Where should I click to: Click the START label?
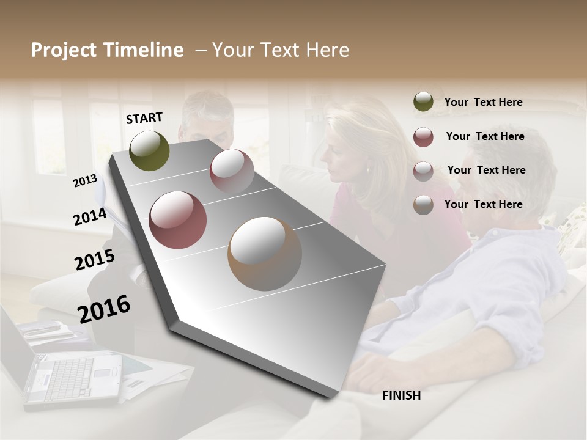[144, 118]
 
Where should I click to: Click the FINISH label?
[401, 395]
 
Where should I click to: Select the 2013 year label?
[85, 180]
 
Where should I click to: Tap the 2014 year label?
[90, 216]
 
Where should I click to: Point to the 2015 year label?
[94, 260]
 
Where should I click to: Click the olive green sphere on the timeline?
[149, 150]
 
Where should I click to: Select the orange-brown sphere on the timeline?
[265, 254]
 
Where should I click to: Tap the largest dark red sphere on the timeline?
[177, 220]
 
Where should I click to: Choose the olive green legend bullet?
[423, 102]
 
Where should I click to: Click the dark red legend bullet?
[423, 137]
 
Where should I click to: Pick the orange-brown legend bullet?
[423, 205]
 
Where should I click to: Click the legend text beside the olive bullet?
[483, 102]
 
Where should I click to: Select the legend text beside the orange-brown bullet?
[483, 204]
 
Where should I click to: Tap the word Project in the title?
[64, 50]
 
